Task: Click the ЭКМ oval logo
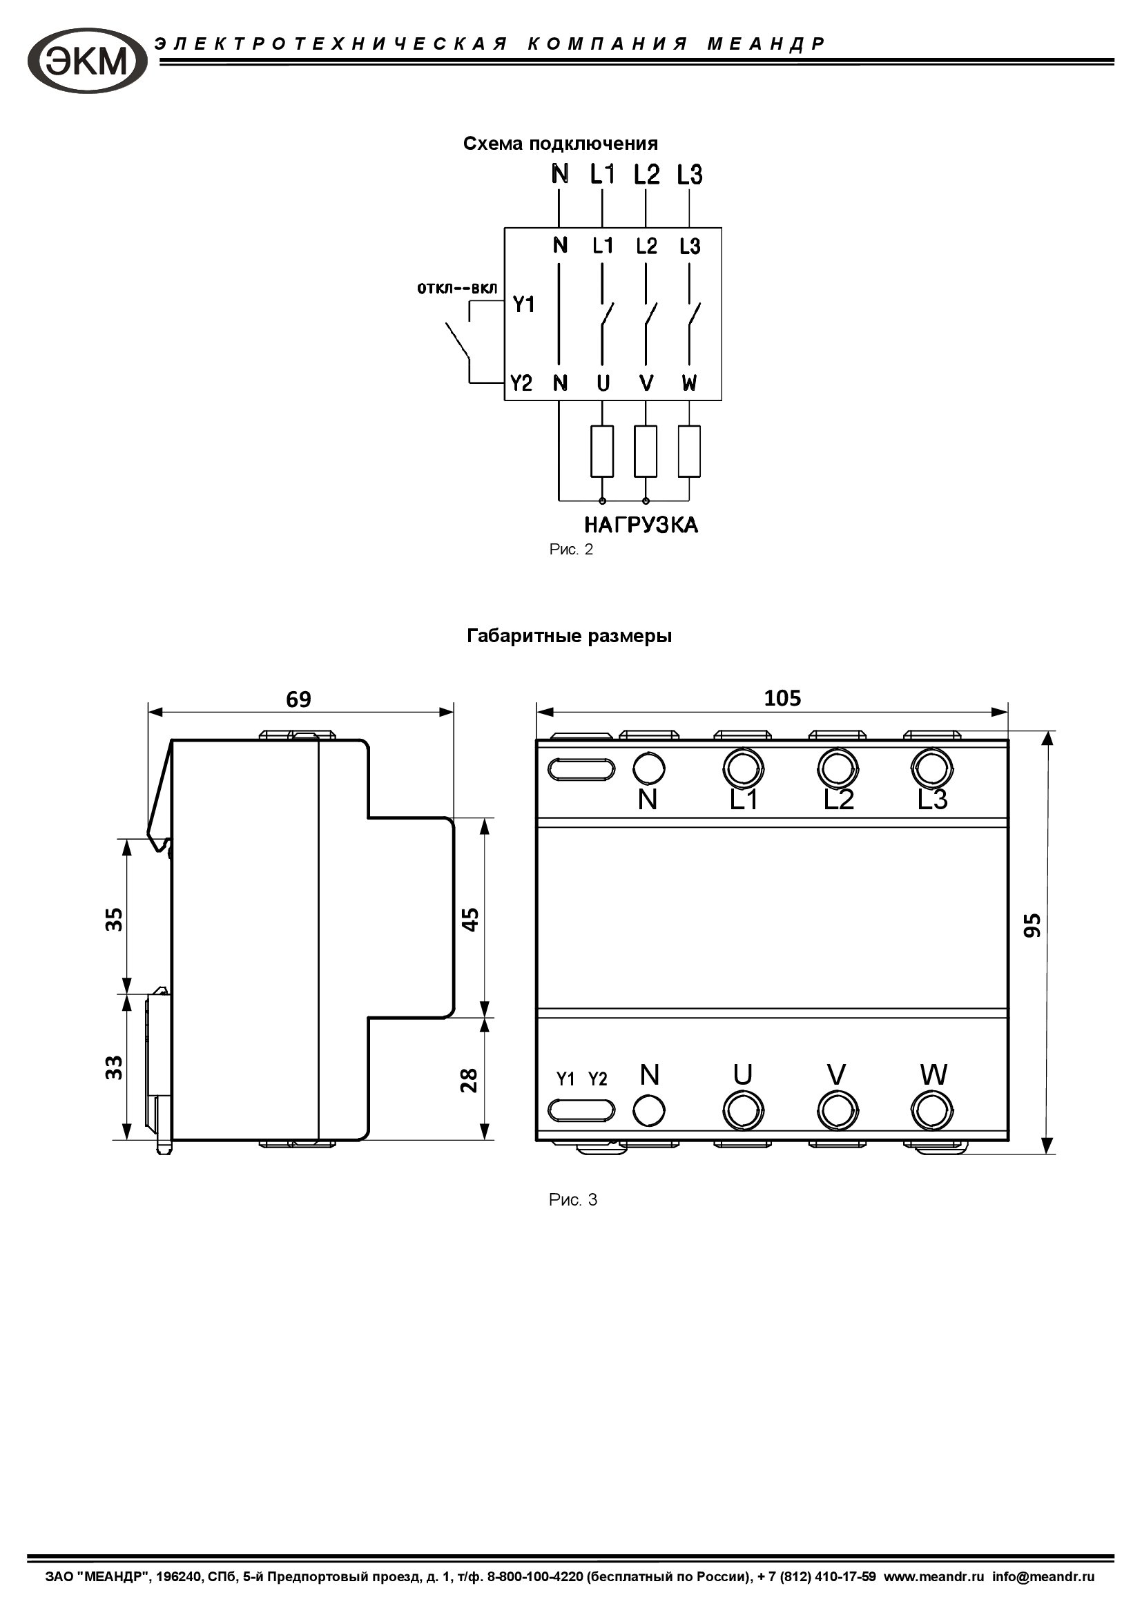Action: (x=87, y=61)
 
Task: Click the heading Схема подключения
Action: (x=561, y=144)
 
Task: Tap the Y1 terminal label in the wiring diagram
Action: (x=523, y=304)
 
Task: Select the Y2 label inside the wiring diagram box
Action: (x=521, y=383)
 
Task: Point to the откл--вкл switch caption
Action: (x=457, y=289)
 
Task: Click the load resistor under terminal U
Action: (x=602, y=451)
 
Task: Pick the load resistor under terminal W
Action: (x=689, y=451)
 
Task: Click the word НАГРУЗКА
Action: (x=641, y=525)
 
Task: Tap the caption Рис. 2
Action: (x=571, y=550)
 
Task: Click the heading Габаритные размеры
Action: (x=570, y=636)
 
